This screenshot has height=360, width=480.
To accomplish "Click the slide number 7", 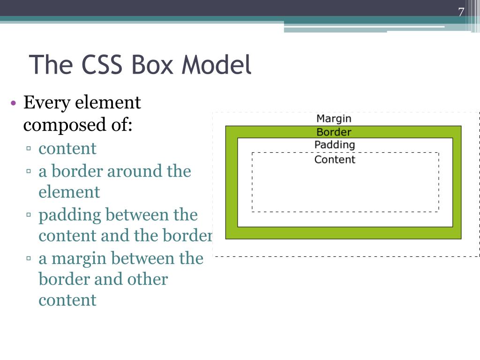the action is click(x=461, y=13).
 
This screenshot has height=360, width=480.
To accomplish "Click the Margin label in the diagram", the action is click(x=334, y=119).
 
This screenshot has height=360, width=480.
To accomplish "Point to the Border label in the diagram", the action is click(x=334, y=132).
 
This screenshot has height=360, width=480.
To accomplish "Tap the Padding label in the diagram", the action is click(x=335, y=145).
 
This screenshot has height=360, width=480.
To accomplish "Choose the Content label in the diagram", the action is click(x=335, y=160).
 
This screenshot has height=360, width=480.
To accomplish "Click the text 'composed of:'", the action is click(x=78, y=125).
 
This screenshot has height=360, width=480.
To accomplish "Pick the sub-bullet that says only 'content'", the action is click(x=67, y=149).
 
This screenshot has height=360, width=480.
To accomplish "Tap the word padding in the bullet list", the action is click(x=70, y=216).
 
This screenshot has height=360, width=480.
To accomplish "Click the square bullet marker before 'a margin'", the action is click(x=29, y=259).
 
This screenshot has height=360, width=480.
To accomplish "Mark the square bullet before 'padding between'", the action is click(x=29, y=216).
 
